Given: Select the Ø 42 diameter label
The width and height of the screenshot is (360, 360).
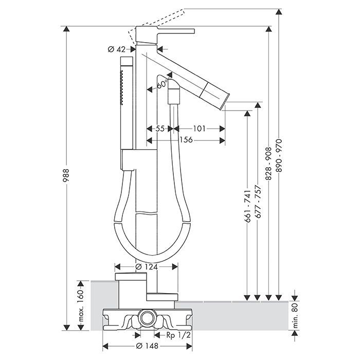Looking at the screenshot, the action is pyautogui.click(x=117, y=49).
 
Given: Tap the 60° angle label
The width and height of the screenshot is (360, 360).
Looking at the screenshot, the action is pyautogui.click(x=163, y=84).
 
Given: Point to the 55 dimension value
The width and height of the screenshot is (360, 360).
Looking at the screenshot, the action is pyautogui.click(x=160, y=129).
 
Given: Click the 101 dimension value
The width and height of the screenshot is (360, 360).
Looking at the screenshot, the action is pyautogui.click(x=199, y=129).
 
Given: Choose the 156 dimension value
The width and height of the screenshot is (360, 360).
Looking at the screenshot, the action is pyautogui.click(x=186, y=140).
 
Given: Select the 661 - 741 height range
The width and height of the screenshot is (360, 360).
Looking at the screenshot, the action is pyautogui.click(x=247, y=206).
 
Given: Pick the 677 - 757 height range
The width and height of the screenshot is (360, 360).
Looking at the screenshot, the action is pyautogui.click(x=258, y=202).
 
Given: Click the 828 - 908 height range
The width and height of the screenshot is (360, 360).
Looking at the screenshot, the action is pyautogui.click(x=269, y=164).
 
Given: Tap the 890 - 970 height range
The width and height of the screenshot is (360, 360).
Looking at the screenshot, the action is pyautogui.click(x=279, y=155).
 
